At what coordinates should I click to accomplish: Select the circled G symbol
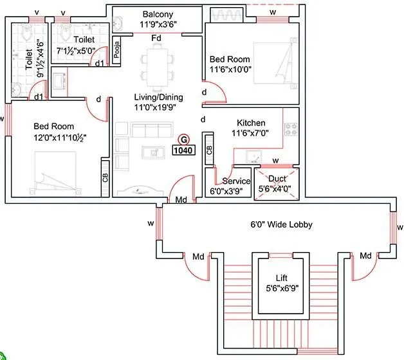[x=184, y=138]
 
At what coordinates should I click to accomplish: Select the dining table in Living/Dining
[x=157, y=64]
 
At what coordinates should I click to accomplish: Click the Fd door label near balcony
[x=156, y=39]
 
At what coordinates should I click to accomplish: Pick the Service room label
[x=236, y=181]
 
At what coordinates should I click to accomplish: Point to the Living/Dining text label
[x=158, y=97]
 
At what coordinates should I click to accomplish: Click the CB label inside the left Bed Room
[x=105, y=177]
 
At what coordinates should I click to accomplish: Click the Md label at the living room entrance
[x=182, y=201]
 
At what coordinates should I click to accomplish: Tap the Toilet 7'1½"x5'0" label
[x=84, y=39]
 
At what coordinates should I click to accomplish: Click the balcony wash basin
[x=118, y=24]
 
